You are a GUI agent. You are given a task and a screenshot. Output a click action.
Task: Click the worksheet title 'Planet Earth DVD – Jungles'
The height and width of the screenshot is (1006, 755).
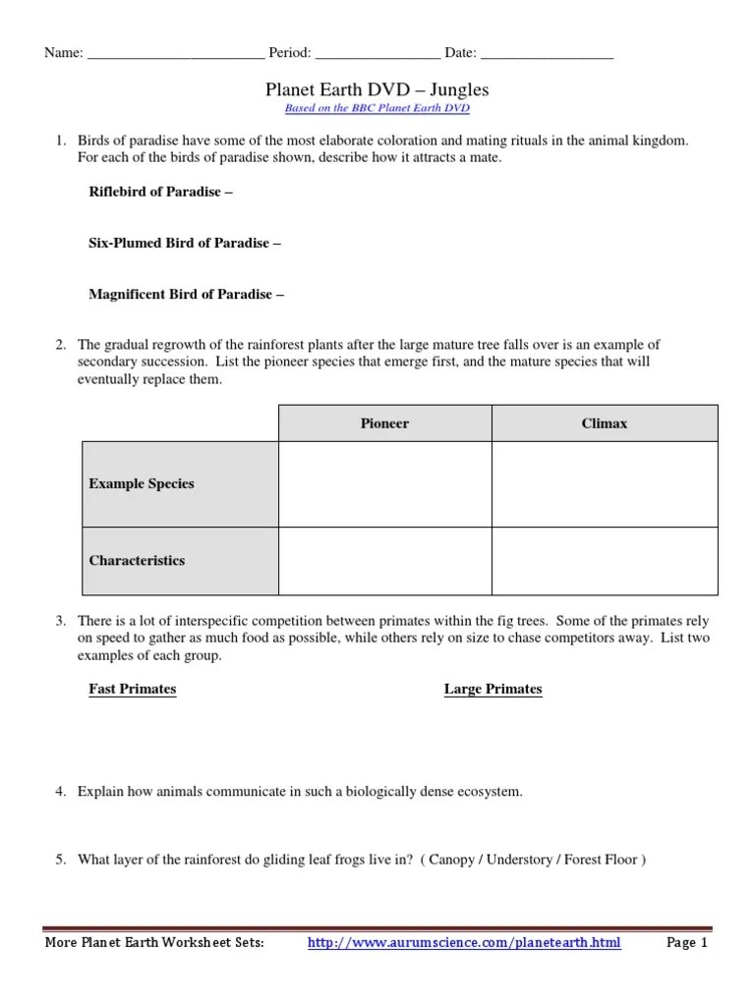click(x=377, y=89)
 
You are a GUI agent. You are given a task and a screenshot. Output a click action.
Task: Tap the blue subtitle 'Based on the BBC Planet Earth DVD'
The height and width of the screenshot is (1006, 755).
click(x=377, y=108)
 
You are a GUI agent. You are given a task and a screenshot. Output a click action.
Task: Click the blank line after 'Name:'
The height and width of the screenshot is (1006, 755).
click(x=175, y=53)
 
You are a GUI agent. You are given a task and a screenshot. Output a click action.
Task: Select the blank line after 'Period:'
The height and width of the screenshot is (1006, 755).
click(x=377, y=53)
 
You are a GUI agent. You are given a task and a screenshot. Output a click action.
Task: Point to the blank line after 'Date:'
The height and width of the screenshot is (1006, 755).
click(x=548, y=53)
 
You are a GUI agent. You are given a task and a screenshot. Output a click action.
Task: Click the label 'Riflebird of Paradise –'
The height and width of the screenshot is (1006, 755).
click(x=161, y=192)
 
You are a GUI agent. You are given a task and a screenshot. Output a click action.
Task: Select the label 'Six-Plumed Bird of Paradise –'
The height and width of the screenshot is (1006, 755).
click(x=185, y=243)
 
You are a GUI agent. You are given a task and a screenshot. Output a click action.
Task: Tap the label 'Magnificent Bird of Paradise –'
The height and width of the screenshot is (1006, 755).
click(x=187, y=294)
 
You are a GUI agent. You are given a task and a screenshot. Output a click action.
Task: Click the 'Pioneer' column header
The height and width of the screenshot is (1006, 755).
click(x=384, y=423)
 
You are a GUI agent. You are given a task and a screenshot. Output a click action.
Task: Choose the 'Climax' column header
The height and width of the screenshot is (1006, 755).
click(x=604, y=423)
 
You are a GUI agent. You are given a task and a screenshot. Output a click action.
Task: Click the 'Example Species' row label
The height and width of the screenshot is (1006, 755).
click(x=142, y=483)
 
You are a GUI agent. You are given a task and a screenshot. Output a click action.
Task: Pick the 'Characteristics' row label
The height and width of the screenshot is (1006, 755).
click(x=137, y=560)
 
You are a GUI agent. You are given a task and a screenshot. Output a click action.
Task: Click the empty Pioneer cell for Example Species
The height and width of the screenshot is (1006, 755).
click(x=384, y=483)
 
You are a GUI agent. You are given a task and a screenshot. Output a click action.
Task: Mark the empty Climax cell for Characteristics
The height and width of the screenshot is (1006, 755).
click(x=604, y=560)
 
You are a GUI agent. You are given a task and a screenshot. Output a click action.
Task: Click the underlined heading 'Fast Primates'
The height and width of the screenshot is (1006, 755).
click(x=133, y=689)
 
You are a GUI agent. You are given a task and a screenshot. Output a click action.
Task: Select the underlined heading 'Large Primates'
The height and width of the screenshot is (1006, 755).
click(x=493, y=689)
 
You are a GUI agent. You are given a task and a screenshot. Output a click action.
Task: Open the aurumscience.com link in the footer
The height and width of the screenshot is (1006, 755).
click(x=464, y=943)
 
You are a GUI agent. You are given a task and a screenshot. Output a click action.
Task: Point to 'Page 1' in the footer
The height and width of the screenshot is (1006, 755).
click(x=687, y=943)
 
